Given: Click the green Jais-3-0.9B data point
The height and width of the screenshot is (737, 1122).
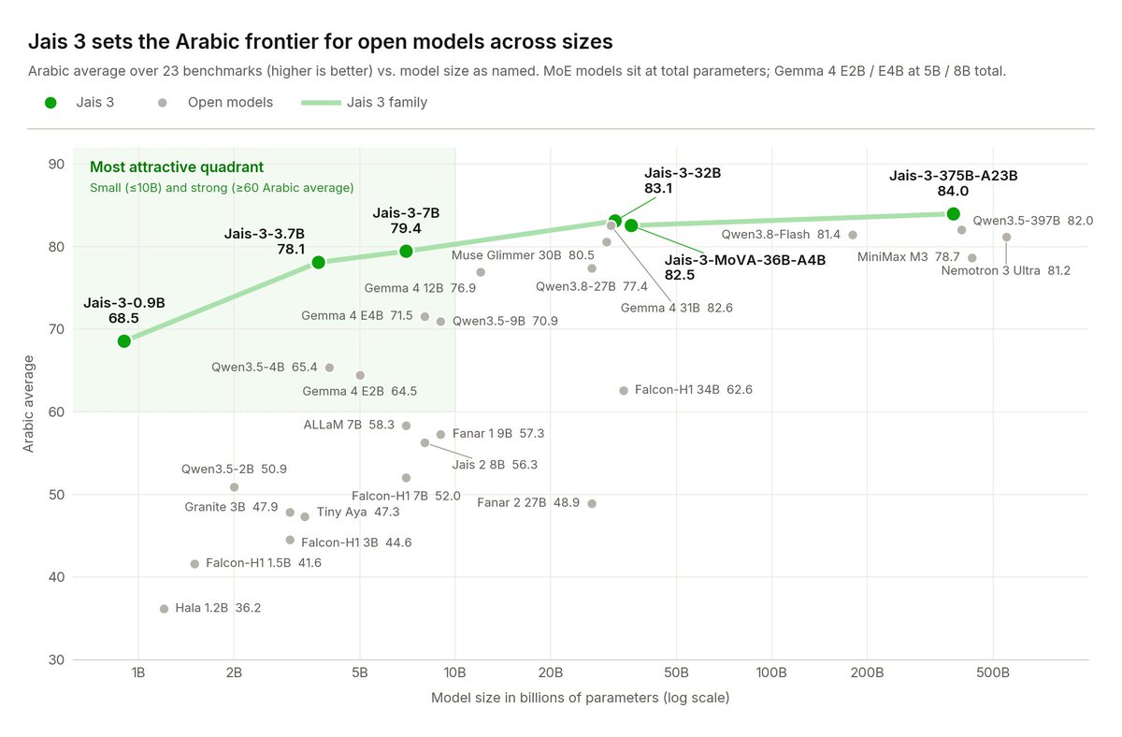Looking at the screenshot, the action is (124, 341).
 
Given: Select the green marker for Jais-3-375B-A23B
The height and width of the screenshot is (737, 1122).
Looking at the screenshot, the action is (953, 214).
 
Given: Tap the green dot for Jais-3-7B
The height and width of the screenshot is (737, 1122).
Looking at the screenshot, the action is (406, 251).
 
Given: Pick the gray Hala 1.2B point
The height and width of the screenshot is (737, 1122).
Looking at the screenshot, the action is (164, 609).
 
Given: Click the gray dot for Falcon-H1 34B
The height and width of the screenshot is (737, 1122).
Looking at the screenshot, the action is (624, 390).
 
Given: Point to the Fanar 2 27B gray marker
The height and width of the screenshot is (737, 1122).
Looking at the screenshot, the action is (592, 503).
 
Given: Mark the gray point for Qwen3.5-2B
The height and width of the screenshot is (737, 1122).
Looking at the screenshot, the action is (234, 487).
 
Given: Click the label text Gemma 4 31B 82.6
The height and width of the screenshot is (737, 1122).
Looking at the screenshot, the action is (676, 308).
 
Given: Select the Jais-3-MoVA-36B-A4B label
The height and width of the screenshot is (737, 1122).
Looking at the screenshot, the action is (745, 267).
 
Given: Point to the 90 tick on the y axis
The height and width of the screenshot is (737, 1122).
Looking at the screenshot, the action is (57, 164).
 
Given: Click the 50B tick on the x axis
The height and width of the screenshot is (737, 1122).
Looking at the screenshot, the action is (676, 672).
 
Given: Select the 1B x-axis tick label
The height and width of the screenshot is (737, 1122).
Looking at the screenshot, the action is (138, 672).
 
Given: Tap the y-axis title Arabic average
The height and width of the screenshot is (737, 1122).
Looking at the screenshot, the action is (28, 404).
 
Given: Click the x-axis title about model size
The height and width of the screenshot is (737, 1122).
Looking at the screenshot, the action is (580, 698).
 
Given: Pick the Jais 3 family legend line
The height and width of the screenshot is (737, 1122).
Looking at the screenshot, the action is (321, 103).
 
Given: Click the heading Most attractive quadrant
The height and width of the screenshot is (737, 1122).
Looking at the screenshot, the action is (177, 166).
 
